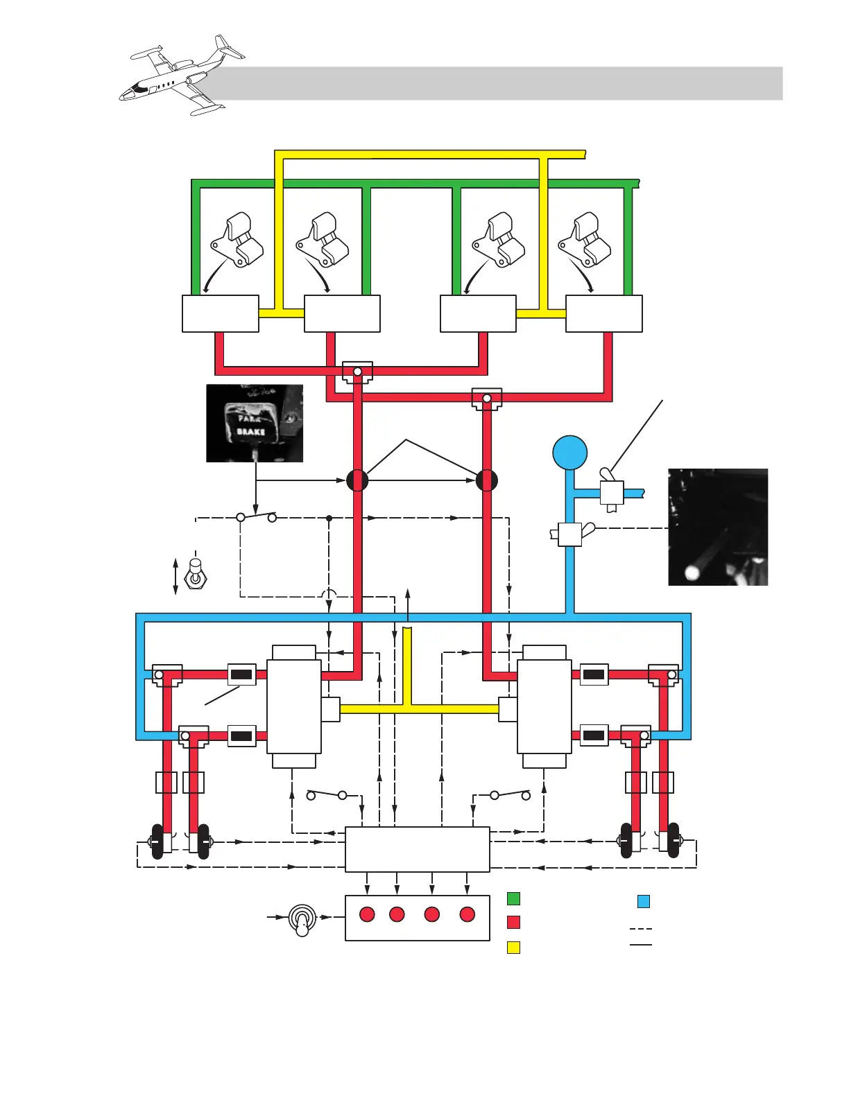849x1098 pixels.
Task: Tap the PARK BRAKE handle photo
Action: click(x=255, y=423)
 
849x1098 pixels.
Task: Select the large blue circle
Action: click(x=570, y=453)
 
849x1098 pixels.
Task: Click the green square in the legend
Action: click(x=513, y=898)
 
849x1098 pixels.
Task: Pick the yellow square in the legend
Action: click(x=513, y=947)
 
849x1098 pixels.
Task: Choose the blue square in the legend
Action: click(x=644, y=901)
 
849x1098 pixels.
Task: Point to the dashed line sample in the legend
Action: click(x=641, y=928)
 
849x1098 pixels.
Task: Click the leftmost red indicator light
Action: click(x=367, y=914)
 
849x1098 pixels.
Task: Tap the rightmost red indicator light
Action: click(x=468, y=914)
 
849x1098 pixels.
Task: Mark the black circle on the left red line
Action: click(x=357, y=480)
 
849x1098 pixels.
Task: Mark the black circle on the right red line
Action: click(x=487, y=480)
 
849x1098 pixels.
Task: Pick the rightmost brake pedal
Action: click(x=586, y=241)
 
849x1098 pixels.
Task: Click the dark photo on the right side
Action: click(x=718, y=527)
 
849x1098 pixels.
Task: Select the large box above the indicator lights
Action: click(x=418, y=849)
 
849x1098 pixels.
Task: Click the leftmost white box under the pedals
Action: click(x=221, y=314)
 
